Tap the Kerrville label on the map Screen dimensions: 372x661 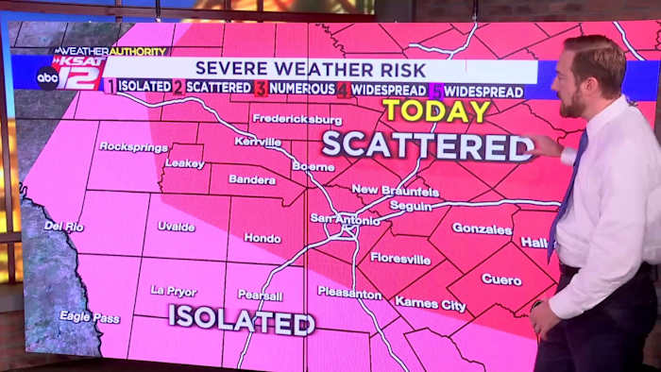(x=259, y=141)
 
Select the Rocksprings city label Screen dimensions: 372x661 (x=133, y=146)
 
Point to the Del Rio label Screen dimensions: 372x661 (x=64, y=226)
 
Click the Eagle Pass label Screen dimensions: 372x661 (x=90, y=317)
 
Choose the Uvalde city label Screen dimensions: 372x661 (x=177, y=227)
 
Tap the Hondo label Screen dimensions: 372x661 (x=263, y=238)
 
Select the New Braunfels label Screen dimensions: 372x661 (x=395, y=190)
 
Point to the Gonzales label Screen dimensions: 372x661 (x=482, y=228)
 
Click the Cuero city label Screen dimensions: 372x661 (x=500, y=279)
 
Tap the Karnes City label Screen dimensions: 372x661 (x=430, y=303)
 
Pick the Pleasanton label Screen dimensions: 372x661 (x=349, y=293)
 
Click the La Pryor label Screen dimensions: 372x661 (x=174, y=291)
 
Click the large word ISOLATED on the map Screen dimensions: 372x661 (x=242, y=320)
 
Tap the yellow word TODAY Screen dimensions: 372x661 (x=436, y=110)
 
